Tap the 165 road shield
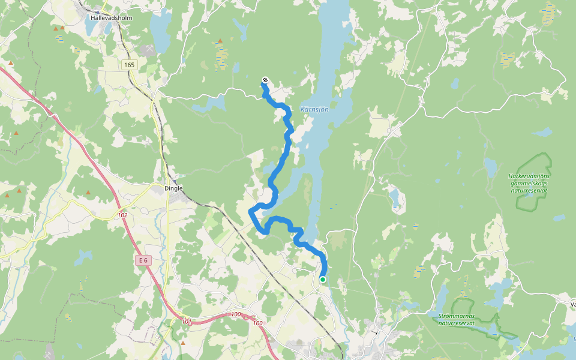pyautogui.click(x=129, y=65)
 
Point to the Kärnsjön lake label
pyautogui.click(x=314, y=110)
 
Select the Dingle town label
pyautogui.click(x=173, y=188)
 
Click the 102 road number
pyautogui.click(x=123, y=215)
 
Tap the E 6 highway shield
pyautogui.click(x=142, y=260)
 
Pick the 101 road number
pyautogui.click(x=187, y=322)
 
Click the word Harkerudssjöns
pyautogui.click(x=529, y=176)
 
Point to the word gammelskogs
pyautogui.click(x=529, y=183)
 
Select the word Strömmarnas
pyautogui.click(x=456, y=316)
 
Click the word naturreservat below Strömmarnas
pyautogui.click(x=456, y=323)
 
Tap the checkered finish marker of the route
pyautogui.click(x=265, y=80)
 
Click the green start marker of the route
pyautogui.click(x=323, y=279)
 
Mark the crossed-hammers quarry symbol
pyautogui.click(x=147, y=47)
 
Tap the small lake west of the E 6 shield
pyautogui.click(x=84, y=256)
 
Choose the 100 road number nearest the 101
pyautogui.click(x=235, y=314)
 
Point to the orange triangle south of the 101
pyautogui.click(x=183, y=343)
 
